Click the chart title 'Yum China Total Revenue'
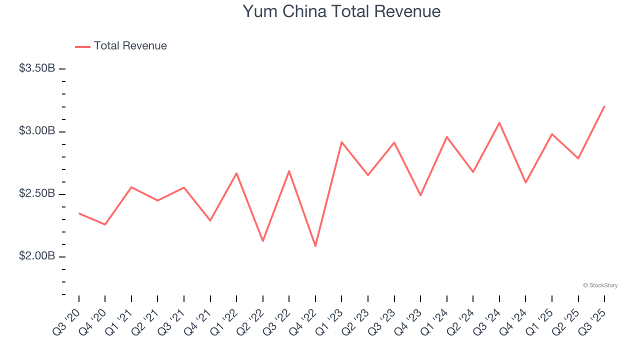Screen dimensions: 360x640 point(341,11)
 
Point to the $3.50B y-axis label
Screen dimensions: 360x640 point(37,68)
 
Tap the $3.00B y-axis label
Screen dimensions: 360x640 point(37,131)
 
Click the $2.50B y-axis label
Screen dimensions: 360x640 point(37,193)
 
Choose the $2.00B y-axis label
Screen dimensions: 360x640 point(37,256)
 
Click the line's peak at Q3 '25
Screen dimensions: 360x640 point(604,106)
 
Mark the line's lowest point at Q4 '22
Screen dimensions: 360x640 point(315,246)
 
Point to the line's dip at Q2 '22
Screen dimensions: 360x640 point(263,241)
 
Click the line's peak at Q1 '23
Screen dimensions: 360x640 point(341,142)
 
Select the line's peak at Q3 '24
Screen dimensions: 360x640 point(499,122)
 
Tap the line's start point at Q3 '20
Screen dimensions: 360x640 point(79,213)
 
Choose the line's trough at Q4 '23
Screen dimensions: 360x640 point(420,195)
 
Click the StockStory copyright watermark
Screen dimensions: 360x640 point(600,285)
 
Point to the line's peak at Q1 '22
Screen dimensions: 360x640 point(236,173)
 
